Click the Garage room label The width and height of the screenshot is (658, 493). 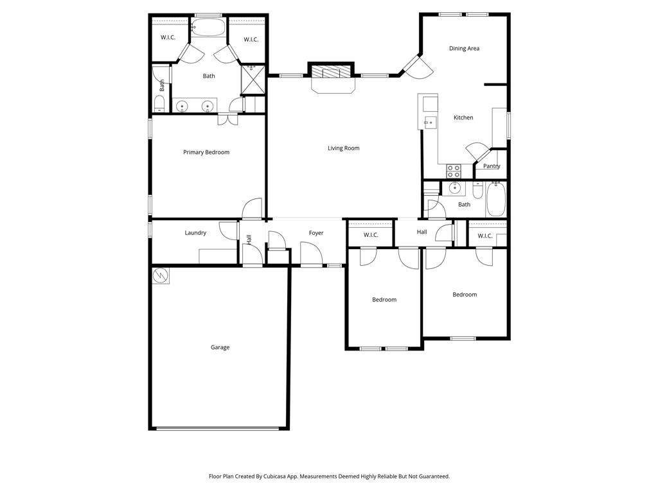click(220, 347)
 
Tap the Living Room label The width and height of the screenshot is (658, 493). click(343, 148)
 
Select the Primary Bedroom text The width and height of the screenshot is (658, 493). click(206, 152)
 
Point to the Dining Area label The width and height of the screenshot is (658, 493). click(464, 48)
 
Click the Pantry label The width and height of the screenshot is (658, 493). click(492, 166)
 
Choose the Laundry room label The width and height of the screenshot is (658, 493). click(195, 233)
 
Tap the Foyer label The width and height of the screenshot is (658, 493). click(316, 233)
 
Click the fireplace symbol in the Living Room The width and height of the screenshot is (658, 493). click(332, 71)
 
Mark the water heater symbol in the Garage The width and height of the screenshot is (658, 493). click(161, 275)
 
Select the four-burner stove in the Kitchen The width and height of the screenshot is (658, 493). click(454, 171)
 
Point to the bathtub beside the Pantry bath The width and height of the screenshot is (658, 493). click(496, 198)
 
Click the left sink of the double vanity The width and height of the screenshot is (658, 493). click(182, 106)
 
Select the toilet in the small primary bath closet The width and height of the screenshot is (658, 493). click(160, 103)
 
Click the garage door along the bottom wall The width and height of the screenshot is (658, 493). click(219, 428)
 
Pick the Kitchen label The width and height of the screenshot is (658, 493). click(463, 117)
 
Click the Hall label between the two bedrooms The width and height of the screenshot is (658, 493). click(422, 232)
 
